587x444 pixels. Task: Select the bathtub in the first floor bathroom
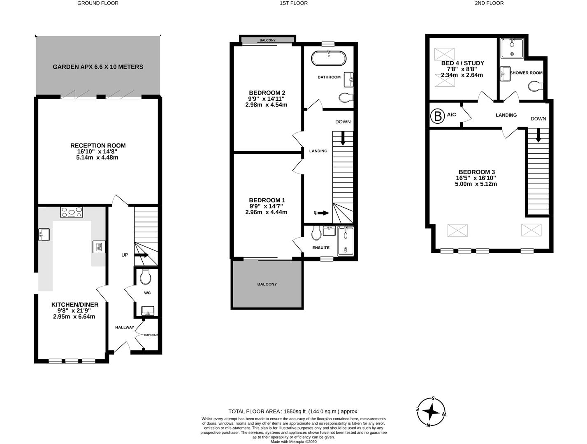tap(328, 58)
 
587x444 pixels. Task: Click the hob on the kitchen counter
tap(71, 212)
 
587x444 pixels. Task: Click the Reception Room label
tap(97, 146)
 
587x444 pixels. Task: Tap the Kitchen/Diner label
tap(74, 305)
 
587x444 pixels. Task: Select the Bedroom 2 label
tap(267, 93)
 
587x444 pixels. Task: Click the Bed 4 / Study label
tap(462, 63)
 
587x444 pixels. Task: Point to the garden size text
tap(98, 67)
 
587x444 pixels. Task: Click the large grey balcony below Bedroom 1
tap(267, 284)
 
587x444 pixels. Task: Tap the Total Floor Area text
tap(293, 411)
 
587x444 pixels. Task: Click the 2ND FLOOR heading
tap(489, 3)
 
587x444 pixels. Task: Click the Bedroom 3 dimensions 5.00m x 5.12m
tap(476, 184)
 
